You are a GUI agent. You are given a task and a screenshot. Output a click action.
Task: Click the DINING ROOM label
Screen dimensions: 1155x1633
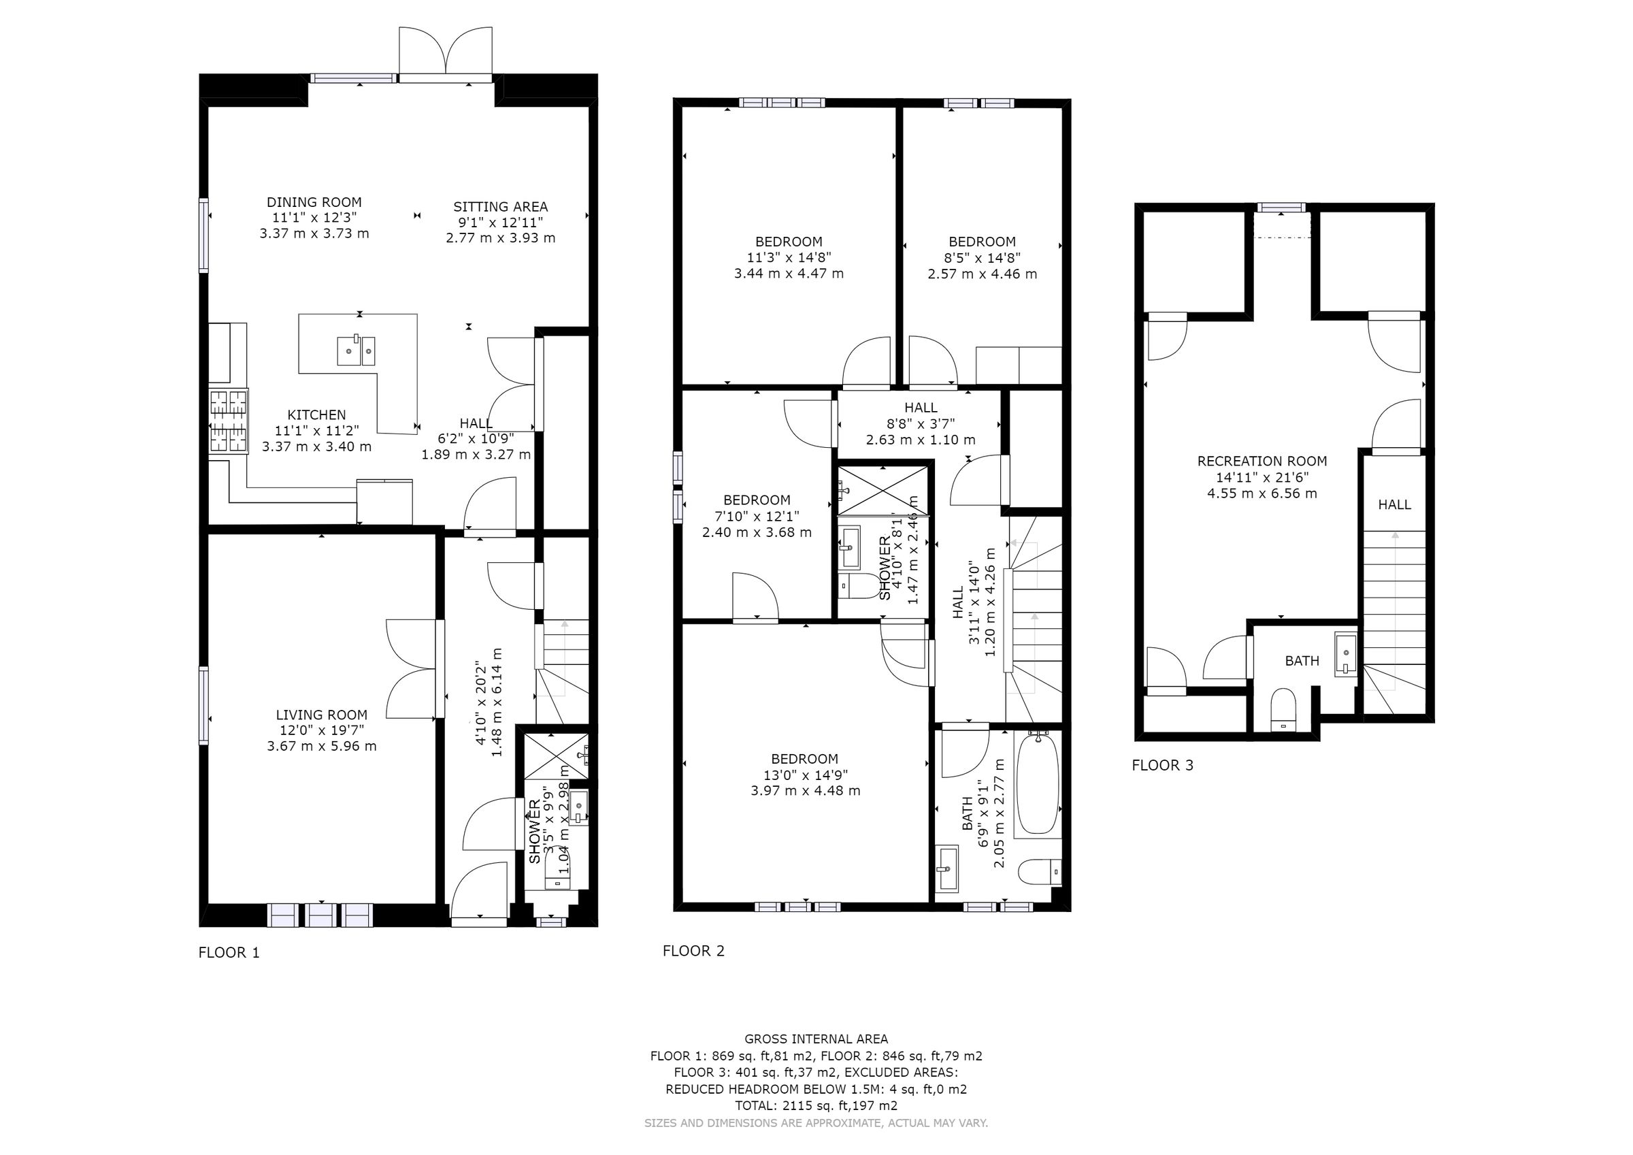point(314,202)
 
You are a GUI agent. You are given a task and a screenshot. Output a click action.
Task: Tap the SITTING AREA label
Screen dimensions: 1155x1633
point(500,206)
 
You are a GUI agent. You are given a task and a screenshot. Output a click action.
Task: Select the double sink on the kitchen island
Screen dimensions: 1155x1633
point(356,350)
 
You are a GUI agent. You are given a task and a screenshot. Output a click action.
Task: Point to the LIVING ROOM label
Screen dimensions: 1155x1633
point(321,715)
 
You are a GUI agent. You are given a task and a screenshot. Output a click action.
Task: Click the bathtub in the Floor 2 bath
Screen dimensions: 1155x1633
point(1037,784)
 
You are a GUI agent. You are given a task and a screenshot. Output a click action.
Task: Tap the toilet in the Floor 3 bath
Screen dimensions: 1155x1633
point(1283,709)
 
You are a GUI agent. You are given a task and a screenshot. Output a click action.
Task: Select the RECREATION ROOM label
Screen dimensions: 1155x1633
point(1261,461)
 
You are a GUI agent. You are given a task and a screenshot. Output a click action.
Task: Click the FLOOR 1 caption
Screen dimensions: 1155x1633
point(229,953)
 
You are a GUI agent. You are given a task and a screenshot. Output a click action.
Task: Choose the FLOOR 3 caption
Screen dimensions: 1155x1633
point(1162,765)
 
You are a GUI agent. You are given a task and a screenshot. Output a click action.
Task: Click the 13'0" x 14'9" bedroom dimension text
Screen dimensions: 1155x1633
point(804,775)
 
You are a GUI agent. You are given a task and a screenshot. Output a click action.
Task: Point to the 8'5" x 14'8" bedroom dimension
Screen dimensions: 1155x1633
point(982,258)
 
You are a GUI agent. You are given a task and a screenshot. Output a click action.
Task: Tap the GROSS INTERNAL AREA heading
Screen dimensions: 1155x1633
point(816,1039)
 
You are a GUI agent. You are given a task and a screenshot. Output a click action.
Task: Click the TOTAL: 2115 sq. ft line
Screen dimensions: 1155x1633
point(816,1106)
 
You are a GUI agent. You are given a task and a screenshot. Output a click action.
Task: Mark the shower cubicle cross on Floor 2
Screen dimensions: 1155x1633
point(883,491)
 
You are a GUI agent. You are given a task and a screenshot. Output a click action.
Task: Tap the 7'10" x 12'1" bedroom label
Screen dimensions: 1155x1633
point(757,516)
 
